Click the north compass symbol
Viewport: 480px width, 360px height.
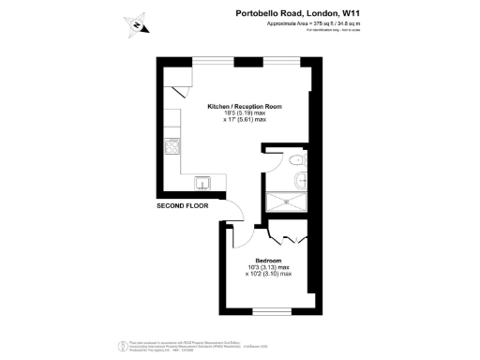click(137, 25)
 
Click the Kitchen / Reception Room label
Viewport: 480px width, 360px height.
click(244, 107)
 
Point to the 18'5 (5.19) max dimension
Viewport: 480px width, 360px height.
click(244, 113)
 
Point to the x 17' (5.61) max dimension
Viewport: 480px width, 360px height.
click(244, 120)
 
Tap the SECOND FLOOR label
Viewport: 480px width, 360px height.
click(183, 203)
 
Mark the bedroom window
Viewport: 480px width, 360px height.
click(269, 308)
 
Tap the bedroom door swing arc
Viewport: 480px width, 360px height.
click(234, 214)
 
